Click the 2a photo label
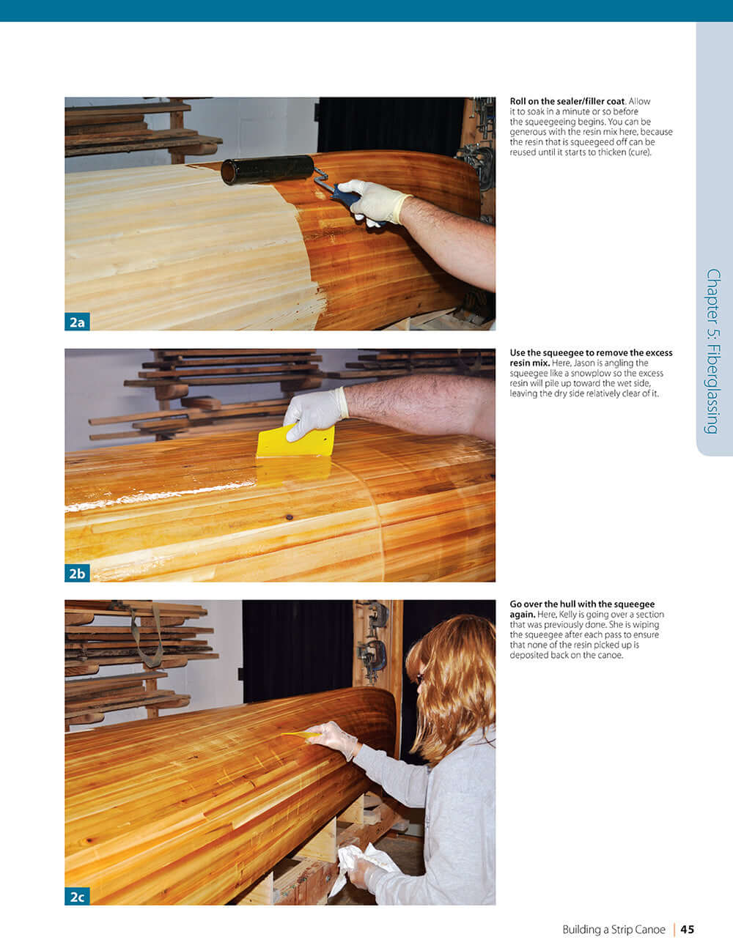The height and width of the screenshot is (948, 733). click(77, 322)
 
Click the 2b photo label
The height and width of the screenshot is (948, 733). click(77, 573)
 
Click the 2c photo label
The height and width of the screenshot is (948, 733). click(77, 896)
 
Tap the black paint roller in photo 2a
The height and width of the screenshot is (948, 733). click(267, 169)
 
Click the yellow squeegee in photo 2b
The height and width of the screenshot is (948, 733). click(295, 444)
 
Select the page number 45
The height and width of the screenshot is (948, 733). click(687, 929)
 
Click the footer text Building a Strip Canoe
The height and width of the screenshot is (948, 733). click(614, 929)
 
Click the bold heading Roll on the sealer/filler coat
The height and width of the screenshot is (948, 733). click(567, 101)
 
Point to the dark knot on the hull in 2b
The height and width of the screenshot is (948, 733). click(290, 516)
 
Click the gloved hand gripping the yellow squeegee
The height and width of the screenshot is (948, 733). click(314, 412)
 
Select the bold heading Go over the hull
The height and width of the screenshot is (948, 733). click(582, 604)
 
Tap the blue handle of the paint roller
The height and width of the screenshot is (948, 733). click(345, 195)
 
